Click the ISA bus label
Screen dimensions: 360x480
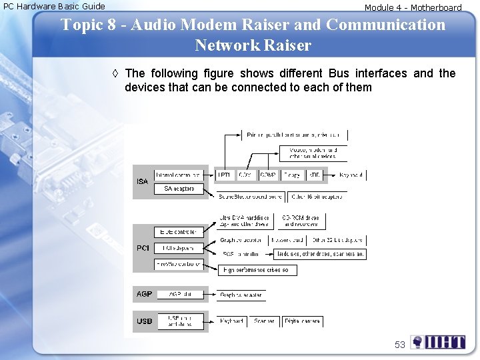click(x=142, y=181)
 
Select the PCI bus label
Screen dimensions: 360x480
click(x=143, y=248)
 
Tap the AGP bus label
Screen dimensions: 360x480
click(x=144, y=294)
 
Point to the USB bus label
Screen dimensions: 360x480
click(x=144, y=321)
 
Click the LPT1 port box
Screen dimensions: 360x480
click(x=225, y=175)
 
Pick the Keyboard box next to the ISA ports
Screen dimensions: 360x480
click(x=351, y=175)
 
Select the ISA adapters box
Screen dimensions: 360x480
click(x=179, y=189)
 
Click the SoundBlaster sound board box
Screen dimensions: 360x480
click(x=250, y=197)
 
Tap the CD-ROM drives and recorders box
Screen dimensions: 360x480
click(x=300, y=221)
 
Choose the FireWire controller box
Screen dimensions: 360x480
click(x=178, y=264)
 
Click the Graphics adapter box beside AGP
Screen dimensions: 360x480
click(x=241, y=295)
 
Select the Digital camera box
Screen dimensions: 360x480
click(x=302, y=321)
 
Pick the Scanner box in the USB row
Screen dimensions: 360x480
click(x=264, y=321)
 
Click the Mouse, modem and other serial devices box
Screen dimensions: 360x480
click(x=313, y=153)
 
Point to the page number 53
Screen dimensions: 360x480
click(x=400, y=345)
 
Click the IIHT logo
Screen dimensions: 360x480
click(x=438, y=343)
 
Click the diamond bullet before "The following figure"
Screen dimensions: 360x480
click(x=116, y=73)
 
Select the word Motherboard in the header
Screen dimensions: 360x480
click(x=436, y=8)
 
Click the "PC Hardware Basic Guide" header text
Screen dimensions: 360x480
click(x=54, y=7)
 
